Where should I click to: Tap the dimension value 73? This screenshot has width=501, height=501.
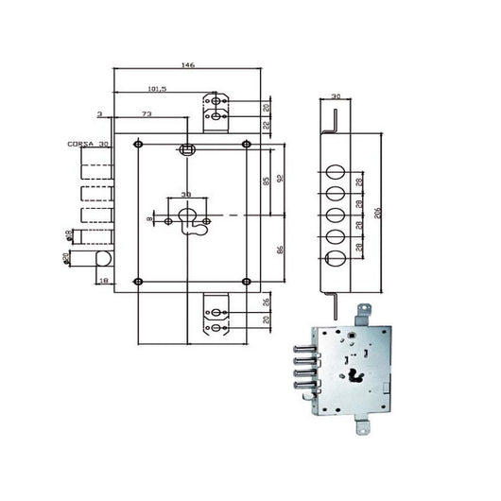pyautogui.click(x=147, y=113)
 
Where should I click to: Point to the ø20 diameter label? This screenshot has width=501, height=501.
pyautogui.click(x=67, y=257)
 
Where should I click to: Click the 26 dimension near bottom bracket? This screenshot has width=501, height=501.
pyautogui.click(x=266, y=302)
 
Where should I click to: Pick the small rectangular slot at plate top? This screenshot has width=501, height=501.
pyautogui.click(x=188, y=148)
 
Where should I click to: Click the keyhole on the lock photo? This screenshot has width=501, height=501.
pyautogui.click(x=356, y=374)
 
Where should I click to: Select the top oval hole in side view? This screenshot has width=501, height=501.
pyautogui.click(x=334, y=171)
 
